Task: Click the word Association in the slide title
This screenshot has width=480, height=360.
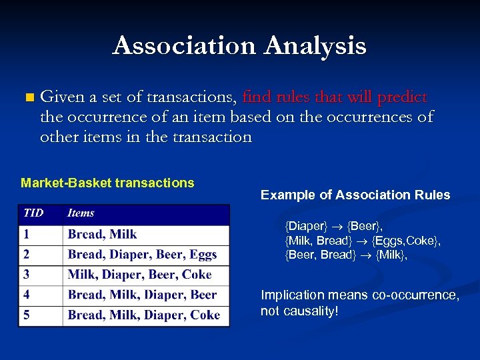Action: coord(185,46)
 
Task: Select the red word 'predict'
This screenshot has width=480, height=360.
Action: coord(402,97)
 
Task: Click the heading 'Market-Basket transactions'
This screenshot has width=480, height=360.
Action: coord(107,183)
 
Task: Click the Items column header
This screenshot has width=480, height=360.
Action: coord(81,213)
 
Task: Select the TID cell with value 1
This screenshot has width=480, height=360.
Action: coord(26,234)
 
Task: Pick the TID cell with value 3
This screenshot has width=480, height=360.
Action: coord(26,275)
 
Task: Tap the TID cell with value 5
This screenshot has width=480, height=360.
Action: coord(26,315)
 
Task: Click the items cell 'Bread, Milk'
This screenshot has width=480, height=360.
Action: coord(102,234)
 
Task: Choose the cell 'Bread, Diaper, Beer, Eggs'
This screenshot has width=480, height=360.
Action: coord(142,254)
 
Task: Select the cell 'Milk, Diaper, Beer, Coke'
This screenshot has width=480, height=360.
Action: coord(139,275)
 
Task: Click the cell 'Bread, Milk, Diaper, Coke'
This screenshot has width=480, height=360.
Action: coord(143,315)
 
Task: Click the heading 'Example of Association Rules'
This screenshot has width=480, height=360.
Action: coord(355,195)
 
